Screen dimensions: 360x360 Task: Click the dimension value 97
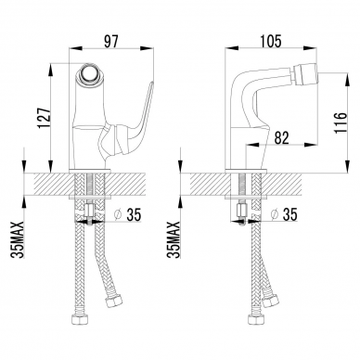[110, 42]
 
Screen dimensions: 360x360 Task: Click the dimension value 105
[270, 42]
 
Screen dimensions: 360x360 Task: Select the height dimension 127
[43, 118]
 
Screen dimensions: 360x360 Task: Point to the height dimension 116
[341, 122]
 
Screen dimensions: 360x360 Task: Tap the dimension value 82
[281, 138]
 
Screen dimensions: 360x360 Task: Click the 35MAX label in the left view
[17, 239]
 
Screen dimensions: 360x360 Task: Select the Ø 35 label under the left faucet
[127, 214]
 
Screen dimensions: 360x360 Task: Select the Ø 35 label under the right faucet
[284, 214]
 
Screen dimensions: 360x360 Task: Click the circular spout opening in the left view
[88, 74]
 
